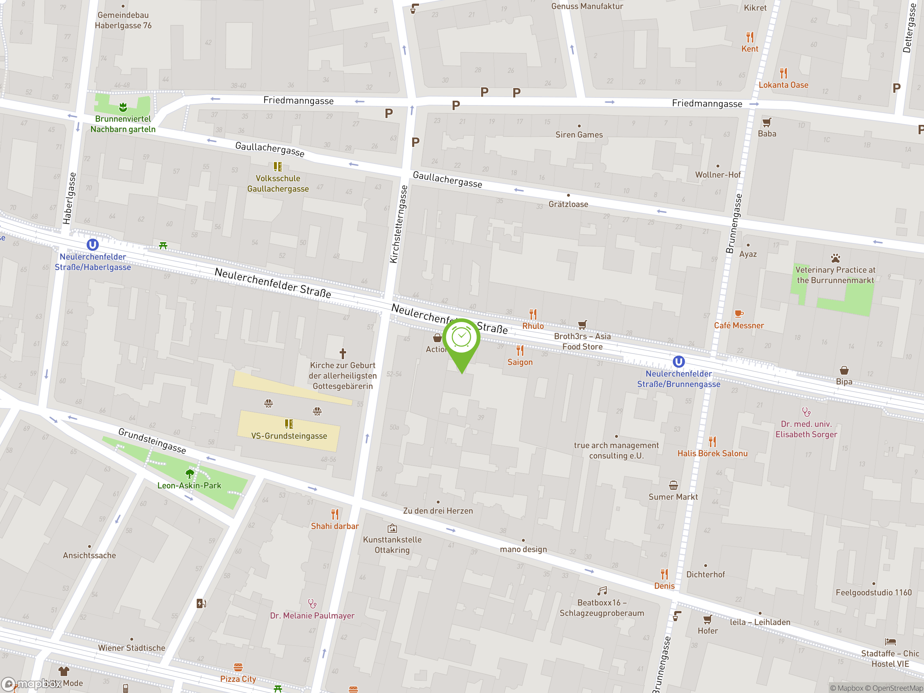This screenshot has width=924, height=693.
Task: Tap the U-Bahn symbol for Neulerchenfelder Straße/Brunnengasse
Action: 678,361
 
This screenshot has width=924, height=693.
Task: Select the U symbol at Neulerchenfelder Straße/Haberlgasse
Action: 92,244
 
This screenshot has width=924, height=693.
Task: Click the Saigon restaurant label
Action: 520,362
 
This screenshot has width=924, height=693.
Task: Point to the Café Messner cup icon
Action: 738,313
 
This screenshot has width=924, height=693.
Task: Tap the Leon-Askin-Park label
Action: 189,485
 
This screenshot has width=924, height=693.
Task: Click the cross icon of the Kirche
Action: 343,353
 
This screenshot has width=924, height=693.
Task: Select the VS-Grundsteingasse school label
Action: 289,436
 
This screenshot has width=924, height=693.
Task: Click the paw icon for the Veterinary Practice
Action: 835,258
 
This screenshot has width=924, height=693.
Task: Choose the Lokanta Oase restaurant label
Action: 783,85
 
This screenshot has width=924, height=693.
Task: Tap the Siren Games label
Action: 579,135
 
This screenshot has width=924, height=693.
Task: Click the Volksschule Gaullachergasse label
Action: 278,183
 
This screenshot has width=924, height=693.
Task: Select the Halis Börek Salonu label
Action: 712,453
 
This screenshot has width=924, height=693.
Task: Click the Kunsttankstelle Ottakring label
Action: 392,544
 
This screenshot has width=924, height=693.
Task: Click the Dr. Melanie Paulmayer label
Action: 312,615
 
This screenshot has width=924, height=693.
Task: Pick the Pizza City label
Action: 238,679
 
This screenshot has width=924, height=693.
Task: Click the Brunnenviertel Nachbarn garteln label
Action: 123,124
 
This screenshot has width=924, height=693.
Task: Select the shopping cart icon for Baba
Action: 767,122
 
